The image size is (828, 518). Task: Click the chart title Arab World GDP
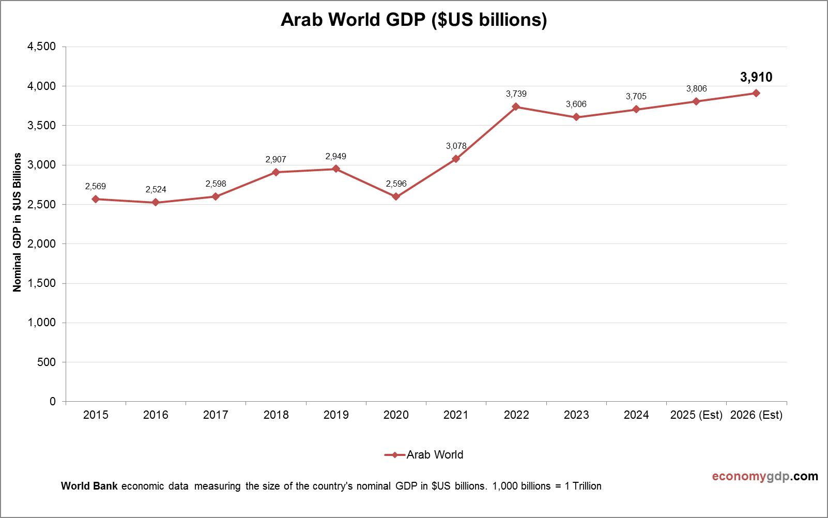[413, 20]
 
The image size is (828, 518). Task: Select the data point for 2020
[396, 196]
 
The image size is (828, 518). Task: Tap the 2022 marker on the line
[516, 106]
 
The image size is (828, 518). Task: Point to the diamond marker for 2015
[96, 199]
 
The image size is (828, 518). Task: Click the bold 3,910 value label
[756, 78]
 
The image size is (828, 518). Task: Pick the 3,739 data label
[516, 94]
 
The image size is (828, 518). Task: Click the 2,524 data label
[156, 189]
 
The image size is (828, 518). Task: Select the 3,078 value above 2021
[456, 146]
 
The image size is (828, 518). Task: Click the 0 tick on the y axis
[53, 401]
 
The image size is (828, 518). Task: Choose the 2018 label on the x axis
[276, 415]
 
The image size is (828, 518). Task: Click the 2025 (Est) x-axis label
[696, 415]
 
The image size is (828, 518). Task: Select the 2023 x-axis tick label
[576, 415]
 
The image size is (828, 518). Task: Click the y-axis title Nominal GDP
[18, 222]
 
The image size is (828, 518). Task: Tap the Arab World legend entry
[424, 455]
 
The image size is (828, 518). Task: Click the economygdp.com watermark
[765, 476]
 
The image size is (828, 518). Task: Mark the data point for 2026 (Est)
[756, 93]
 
